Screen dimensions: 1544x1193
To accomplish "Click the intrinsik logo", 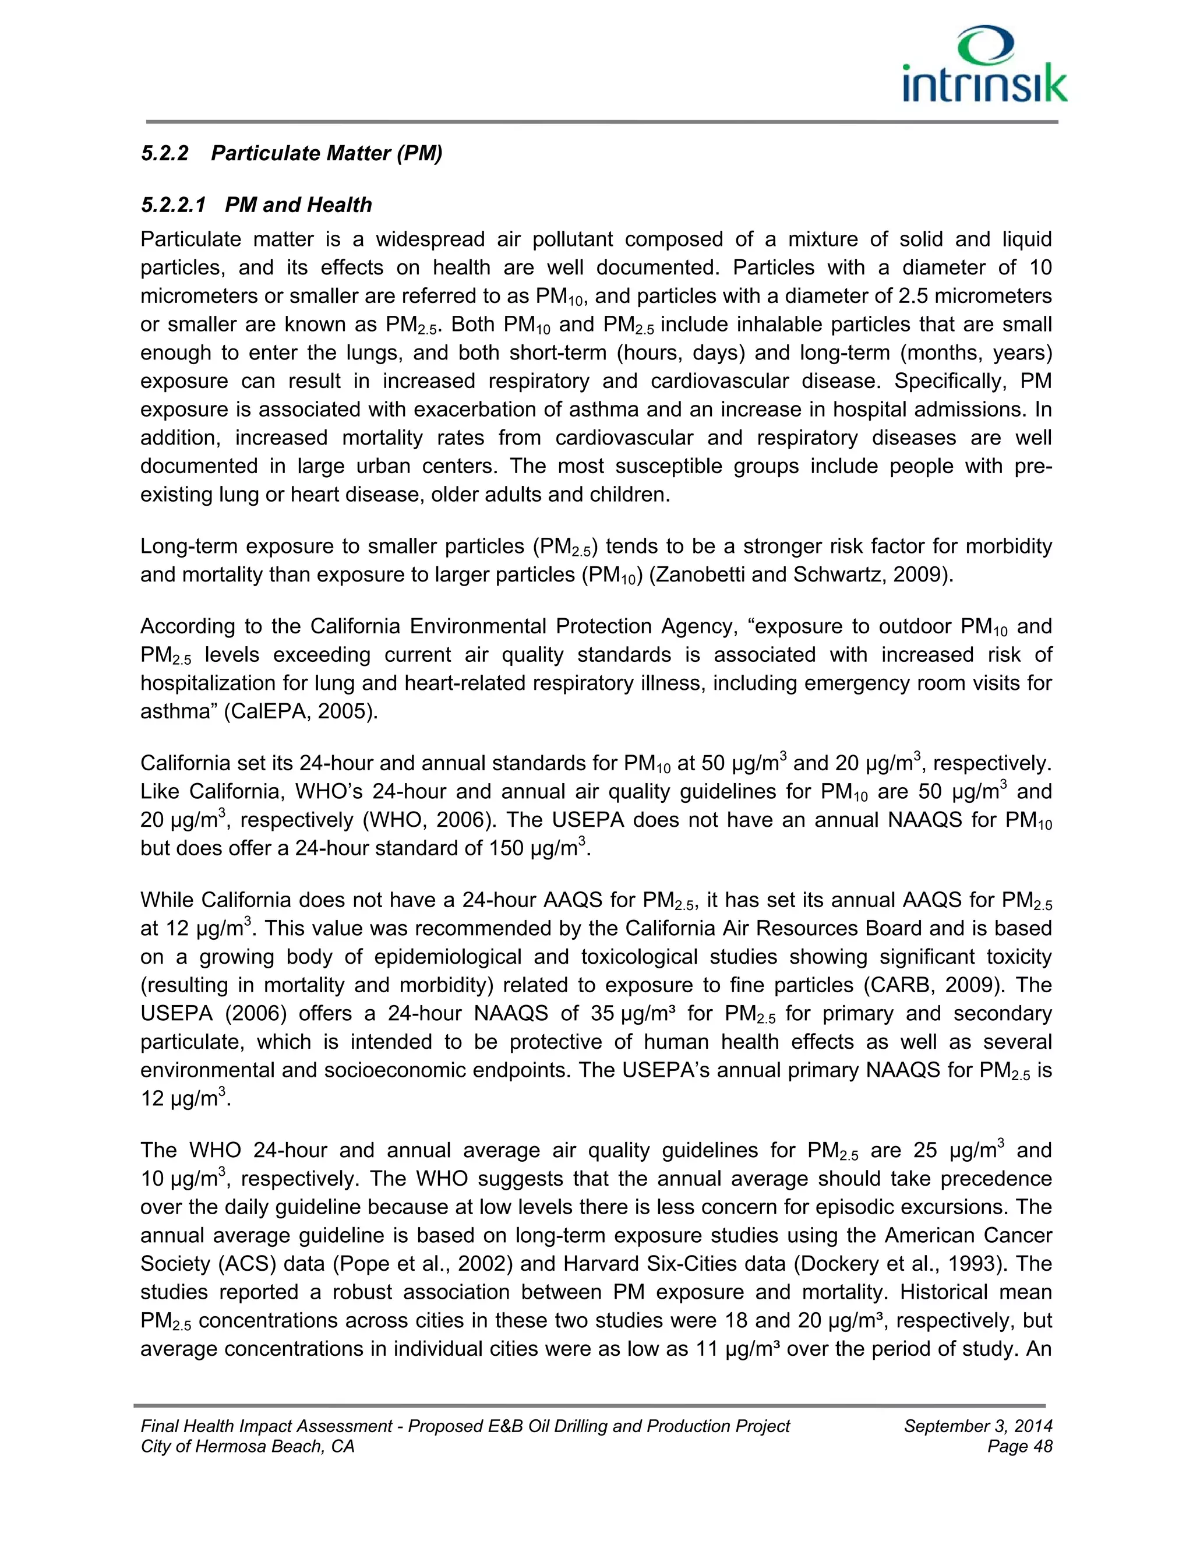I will pos(984,67).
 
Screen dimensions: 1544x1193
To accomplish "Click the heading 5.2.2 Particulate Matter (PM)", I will pos(291,153).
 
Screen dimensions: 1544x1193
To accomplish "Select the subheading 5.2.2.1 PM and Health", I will pos(256,205).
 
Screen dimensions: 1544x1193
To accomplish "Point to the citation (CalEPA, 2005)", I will pos(301,711).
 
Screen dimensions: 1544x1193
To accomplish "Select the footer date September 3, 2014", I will pos(977,1427).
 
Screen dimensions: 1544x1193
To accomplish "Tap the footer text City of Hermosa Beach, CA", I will pos(248,1447).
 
